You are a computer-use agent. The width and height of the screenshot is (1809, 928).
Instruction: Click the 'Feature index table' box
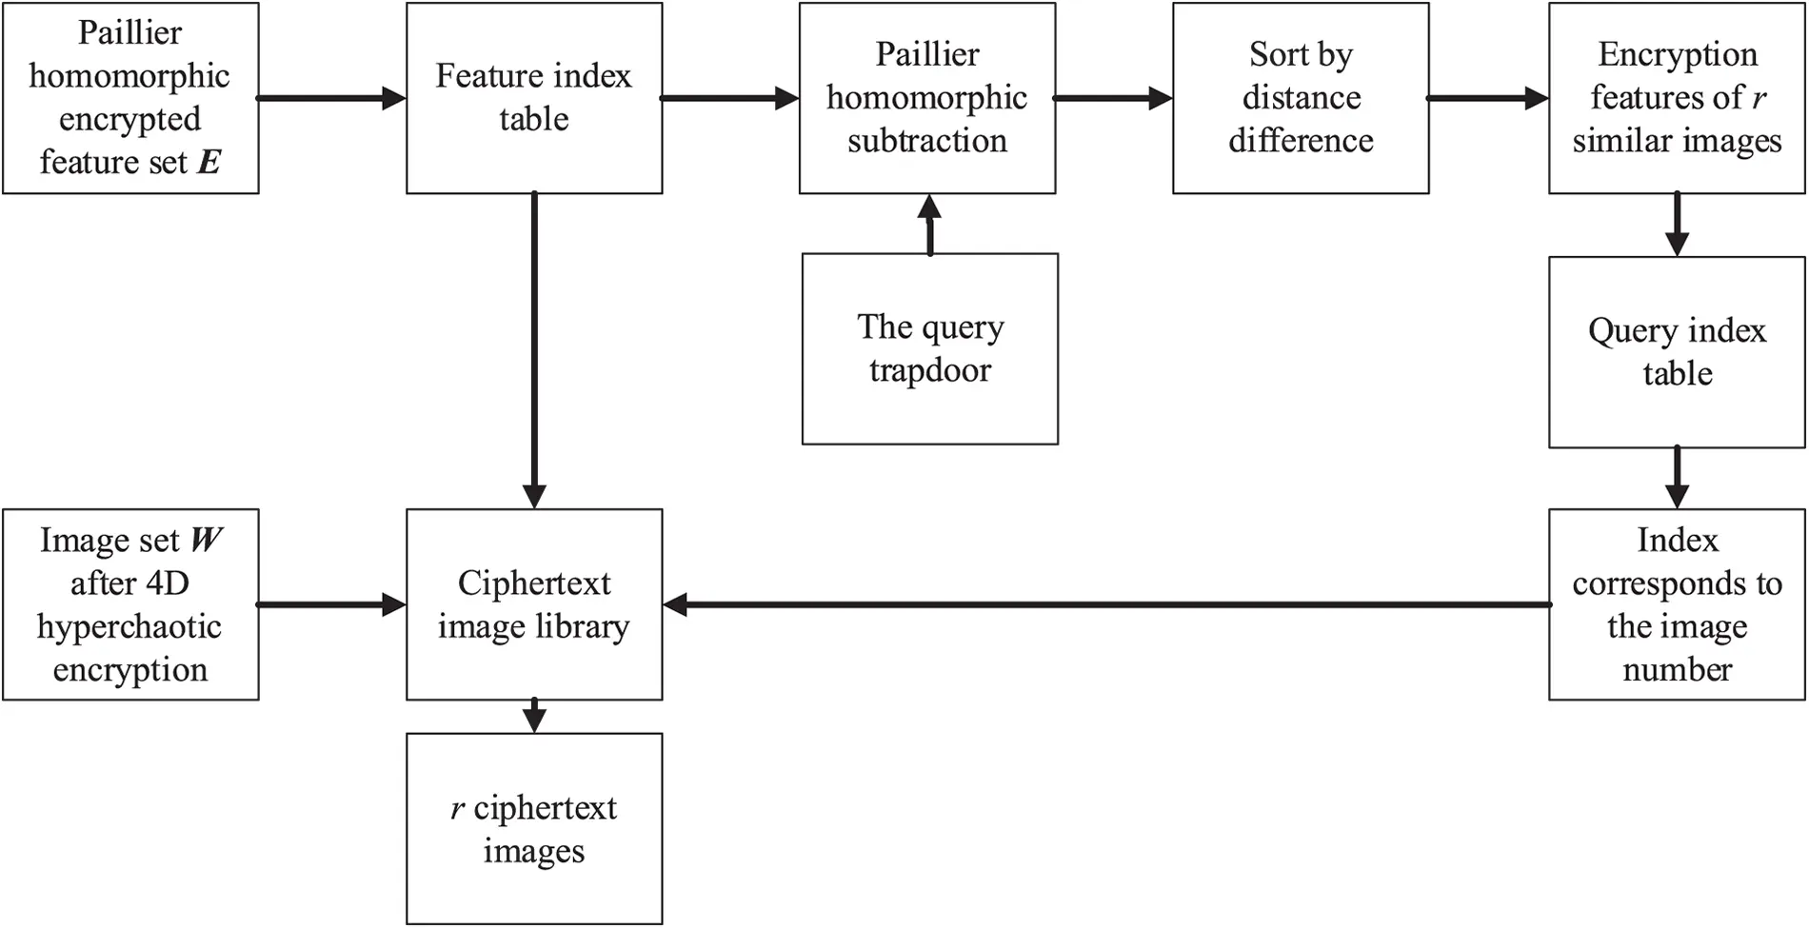(x=534, y=98)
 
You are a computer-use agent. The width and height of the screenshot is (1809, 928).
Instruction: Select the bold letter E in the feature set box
(x=209, y=163)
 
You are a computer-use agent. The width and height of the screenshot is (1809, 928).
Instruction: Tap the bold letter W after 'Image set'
(x=206, y=541)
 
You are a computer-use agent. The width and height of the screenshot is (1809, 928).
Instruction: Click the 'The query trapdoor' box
(x=929, y=348)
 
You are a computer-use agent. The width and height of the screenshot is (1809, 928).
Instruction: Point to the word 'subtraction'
(x=927, y=141)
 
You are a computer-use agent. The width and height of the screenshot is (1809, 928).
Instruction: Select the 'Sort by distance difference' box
(x=1301, y=98)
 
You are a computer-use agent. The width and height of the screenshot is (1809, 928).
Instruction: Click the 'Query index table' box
(x=1677, y=351)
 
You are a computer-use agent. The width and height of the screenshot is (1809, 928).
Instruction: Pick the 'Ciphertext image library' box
(x=534, y=604)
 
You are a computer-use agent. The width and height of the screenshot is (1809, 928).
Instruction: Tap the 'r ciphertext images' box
(x=534, y=828)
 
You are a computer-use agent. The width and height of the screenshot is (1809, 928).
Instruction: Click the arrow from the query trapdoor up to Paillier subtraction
(x=930, y=225)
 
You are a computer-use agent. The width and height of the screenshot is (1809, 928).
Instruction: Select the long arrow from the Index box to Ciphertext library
(x=1104, y=604)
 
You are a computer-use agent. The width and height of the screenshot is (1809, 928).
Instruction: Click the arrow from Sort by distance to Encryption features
(x=1488, y=98)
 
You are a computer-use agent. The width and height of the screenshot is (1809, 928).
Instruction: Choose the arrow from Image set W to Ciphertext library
(x=331, y=604)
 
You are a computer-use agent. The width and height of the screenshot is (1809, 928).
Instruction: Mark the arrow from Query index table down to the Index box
(x=1677, y=478)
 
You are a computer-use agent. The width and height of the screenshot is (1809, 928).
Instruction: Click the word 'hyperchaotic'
(x=129, y=627)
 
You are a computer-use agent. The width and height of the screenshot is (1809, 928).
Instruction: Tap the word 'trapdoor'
(x=929, y=370)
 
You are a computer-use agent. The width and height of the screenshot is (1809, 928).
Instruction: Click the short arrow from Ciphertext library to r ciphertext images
(x=534, y=716)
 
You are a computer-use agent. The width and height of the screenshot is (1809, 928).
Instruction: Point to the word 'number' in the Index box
(x=1677, y=670)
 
